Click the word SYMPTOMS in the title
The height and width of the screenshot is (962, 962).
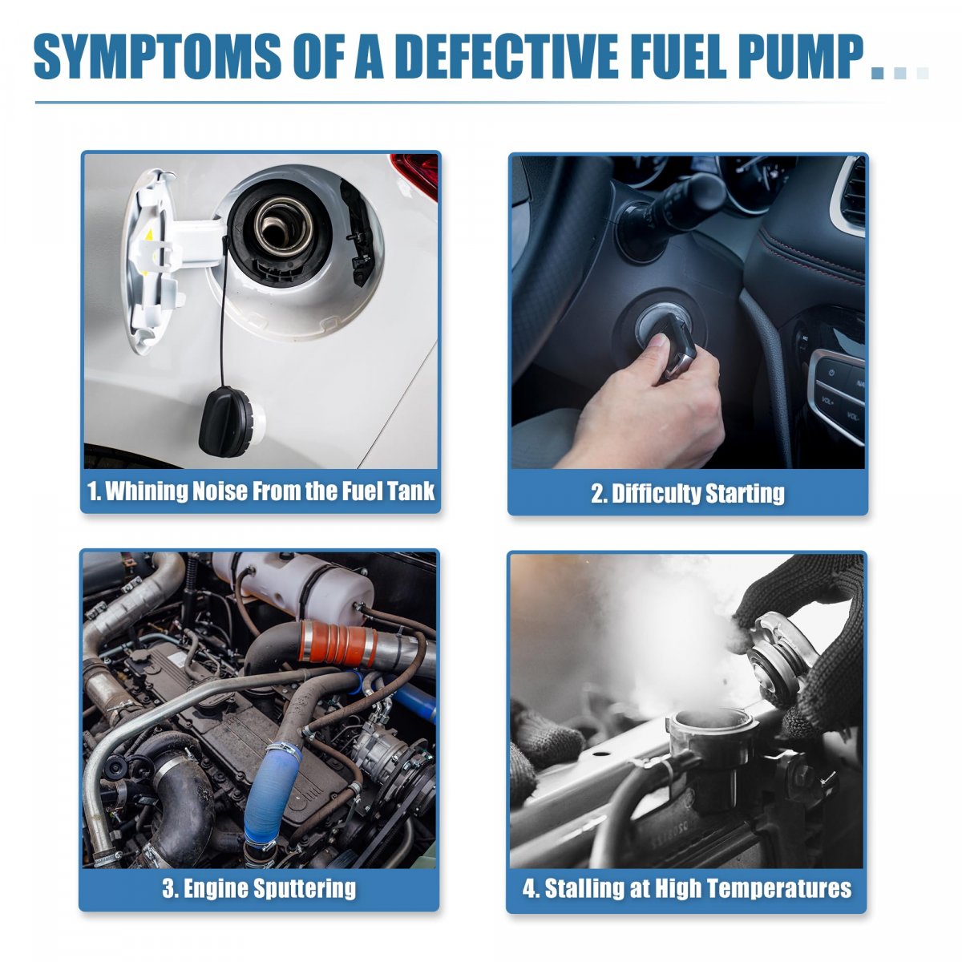[x=157, y=56]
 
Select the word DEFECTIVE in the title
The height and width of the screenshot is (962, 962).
[x=509, y=56]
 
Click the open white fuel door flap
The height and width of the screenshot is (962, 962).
[x=154, y=260]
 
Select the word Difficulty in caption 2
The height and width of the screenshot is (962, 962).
[x=656, y=494]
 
